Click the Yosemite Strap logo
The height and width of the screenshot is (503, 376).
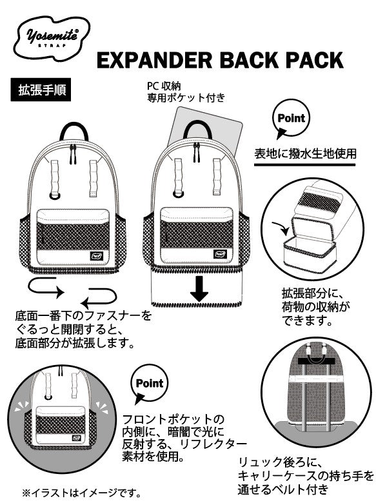[55, 33]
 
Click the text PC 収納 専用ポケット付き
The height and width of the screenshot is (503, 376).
[185, 93]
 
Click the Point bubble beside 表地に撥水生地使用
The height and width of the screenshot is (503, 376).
[291, 120]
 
